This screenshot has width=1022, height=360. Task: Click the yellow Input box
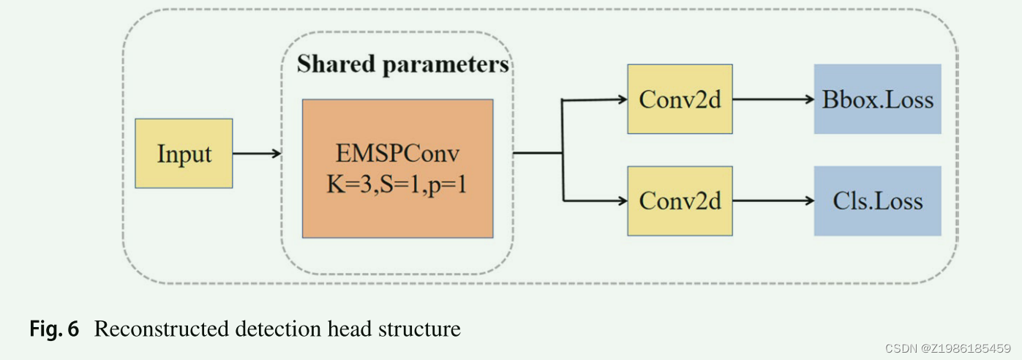click(x=184, y=154)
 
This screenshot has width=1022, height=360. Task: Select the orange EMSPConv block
click(x=397, y=168)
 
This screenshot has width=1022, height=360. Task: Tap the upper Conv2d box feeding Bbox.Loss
click(x=680, y=99)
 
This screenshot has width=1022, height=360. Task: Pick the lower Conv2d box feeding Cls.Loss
click(x=680, y=200)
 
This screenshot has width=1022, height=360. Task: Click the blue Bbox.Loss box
click(x=877, y=99)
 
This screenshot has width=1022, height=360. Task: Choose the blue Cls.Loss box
click(x=877, y=200)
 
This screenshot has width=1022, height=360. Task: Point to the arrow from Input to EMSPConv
click(x=256, y=154)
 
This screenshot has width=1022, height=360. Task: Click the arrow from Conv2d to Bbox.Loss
click(x=773, y=99)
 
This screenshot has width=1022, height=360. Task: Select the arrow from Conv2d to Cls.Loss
click(x=773, y=200)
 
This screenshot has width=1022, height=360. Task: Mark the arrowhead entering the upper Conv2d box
click(x=622, y=99)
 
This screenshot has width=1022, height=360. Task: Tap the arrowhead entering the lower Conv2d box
click(x=622, y=200)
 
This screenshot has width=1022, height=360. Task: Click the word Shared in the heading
click(x=336, y=64)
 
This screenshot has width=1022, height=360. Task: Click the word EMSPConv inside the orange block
click(x=397, y=154)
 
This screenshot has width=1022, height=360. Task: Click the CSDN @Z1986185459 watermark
click(x=947, y=348)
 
